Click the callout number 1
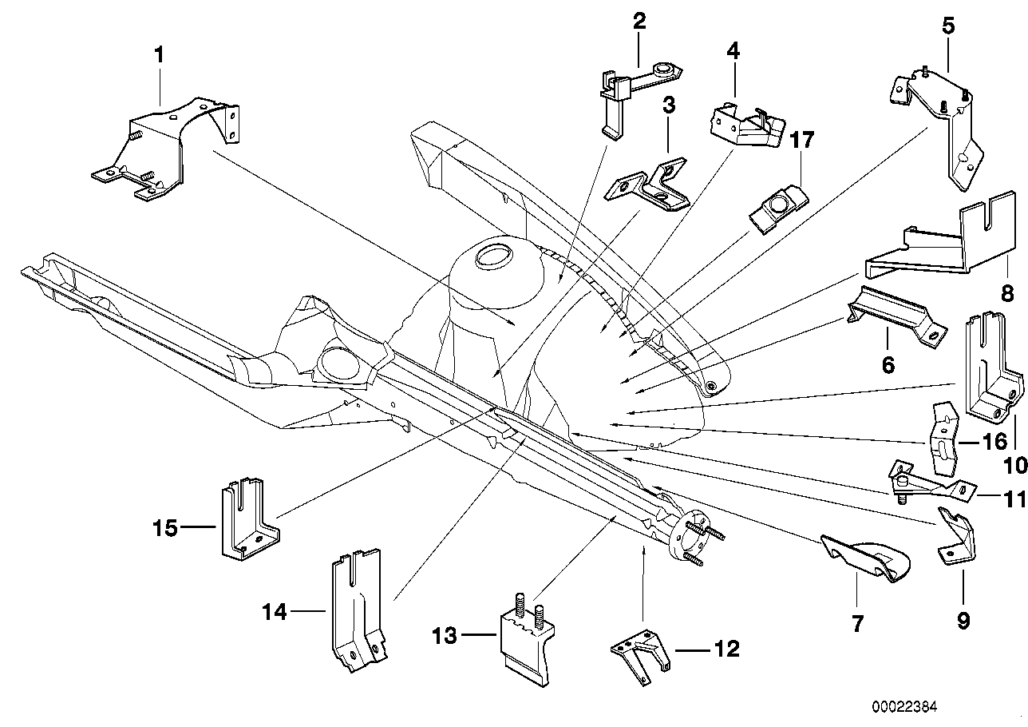159,55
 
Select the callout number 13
444,637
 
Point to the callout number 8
1008,292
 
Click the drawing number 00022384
904,707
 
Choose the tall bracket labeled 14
356,607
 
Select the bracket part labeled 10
990,367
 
